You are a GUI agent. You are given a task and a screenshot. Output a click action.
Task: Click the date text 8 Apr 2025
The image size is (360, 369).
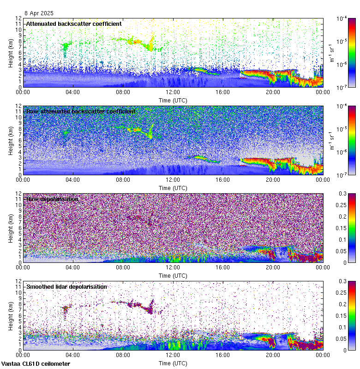coord(39,13)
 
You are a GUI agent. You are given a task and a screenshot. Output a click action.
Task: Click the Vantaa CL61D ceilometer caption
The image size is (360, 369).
coord(36,363)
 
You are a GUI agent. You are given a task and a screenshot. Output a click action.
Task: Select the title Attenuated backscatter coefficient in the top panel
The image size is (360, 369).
coord(74,24)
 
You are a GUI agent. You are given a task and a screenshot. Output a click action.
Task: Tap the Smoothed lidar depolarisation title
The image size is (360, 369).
coord(66,286)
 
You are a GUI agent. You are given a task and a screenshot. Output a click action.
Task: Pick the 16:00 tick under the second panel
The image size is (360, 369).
coord(223,179)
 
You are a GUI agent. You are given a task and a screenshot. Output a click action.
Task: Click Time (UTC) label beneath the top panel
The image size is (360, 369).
coord(173,100)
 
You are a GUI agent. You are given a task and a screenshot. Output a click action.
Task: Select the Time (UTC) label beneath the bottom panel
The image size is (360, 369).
coord(173,363)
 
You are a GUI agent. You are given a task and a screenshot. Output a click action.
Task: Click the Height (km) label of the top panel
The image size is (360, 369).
coord(11,53)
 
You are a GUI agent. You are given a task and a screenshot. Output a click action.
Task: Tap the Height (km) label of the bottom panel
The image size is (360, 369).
coord(11,315)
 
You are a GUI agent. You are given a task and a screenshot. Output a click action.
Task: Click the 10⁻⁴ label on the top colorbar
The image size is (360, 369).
coord(342,19)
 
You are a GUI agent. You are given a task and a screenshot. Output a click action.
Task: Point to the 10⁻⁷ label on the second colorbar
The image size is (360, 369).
coord(342,175)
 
